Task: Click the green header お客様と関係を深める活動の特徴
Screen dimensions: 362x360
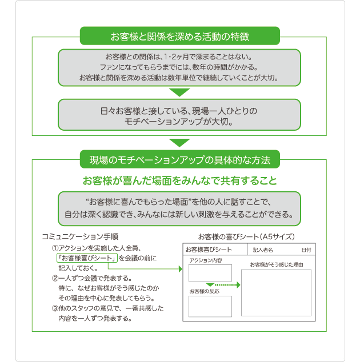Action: [x=179, y=37]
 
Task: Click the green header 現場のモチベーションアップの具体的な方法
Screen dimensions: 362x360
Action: [x=179, y=159]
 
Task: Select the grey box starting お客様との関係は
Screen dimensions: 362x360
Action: [x=179, y=67]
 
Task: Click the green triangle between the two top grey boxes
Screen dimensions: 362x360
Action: [x=179, y=92]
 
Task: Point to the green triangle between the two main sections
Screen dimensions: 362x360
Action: [x=179, y=142]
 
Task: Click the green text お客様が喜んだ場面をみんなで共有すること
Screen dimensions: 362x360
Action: [x=179, y=182]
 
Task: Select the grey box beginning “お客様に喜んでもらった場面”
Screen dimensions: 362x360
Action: [x=179, y=208]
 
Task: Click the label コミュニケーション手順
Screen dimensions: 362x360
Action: [x=80, y=236]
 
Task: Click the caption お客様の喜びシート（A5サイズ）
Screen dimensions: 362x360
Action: [x=246, y=236]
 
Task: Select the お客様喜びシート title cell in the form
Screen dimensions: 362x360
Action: [x=209, y=250]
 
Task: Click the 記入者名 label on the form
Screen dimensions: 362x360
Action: [x=263, y=250]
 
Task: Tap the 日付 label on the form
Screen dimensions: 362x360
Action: [x=306, y=250]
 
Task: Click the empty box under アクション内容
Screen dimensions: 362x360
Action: [x=210, y=272]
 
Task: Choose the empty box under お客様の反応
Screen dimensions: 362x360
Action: [x=210, y=306]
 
